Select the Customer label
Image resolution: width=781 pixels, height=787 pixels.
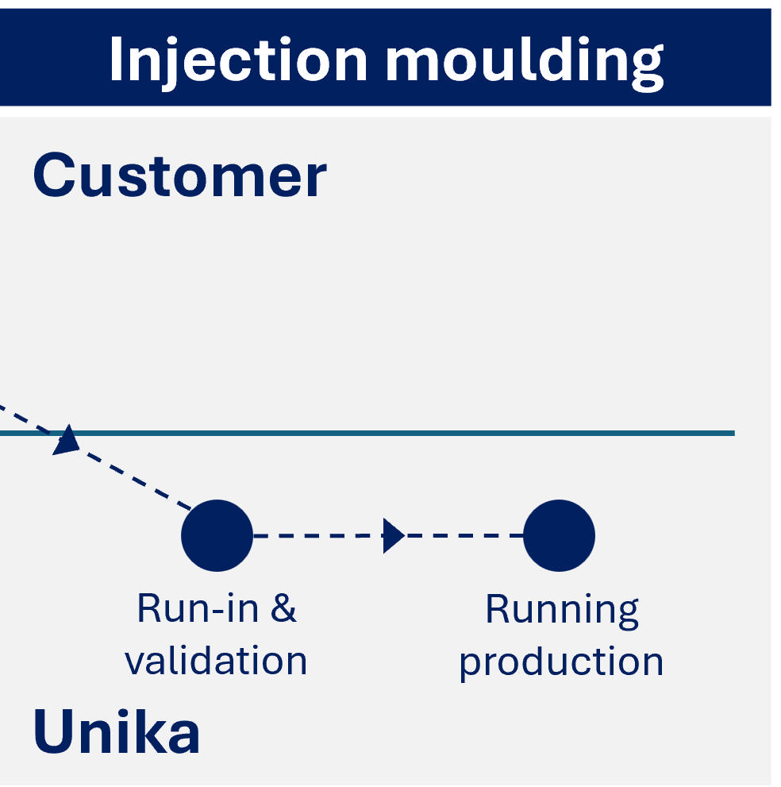point(179,176)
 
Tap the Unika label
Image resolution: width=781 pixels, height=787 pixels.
point(116,732)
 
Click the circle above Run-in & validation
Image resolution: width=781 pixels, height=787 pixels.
point(217,536)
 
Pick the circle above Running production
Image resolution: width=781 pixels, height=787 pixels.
point(559,536)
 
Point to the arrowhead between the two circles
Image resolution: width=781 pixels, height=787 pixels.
point(393,536)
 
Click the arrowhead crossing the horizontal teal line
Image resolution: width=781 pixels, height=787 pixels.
point(67,440)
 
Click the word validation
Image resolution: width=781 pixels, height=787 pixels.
point(216,661)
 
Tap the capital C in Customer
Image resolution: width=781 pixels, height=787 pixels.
point(53,176)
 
